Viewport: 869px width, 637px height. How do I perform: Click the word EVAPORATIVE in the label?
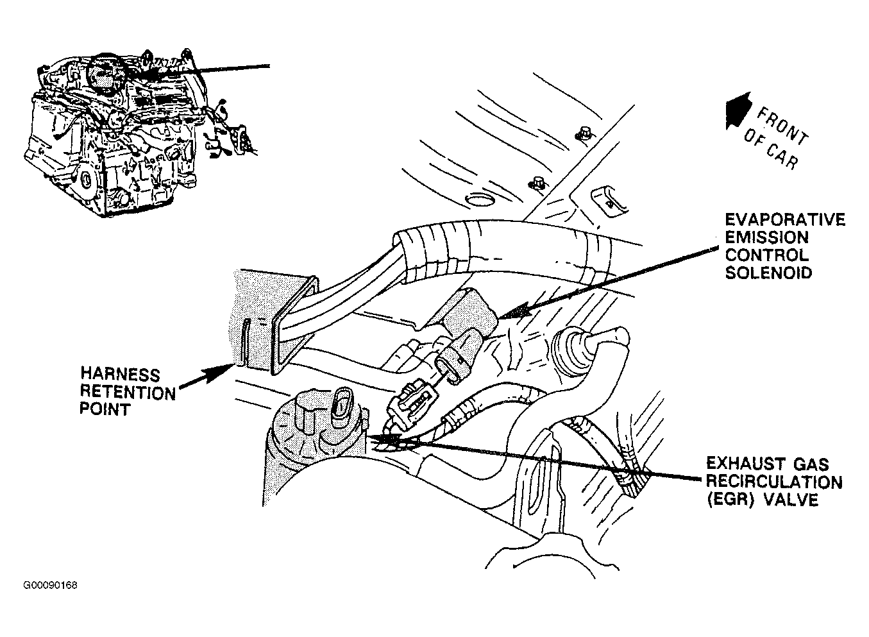784,221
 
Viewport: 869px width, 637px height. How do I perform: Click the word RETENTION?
127,391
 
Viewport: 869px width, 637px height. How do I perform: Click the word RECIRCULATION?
773,481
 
